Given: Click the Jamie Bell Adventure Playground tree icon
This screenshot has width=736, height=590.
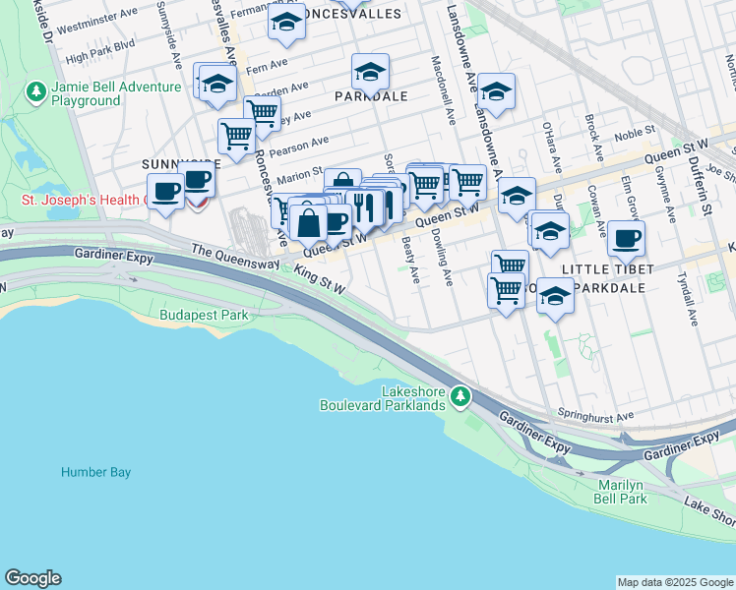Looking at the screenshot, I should coord(37,92).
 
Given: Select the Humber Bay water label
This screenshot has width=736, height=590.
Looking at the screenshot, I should coord(95,472).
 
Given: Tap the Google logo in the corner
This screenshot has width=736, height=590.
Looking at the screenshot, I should coord(32,578).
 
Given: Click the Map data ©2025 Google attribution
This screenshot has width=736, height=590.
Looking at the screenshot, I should coord(675,582).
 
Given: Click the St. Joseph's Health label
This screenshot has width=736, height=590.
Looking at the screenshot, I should coord(84,200).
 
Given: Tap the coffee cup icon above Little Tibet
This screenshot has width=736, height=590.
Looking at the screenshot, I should coord(626,238).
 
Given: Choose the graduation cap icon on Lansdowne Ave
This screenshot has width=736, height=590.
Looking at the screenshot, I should coord(496,92).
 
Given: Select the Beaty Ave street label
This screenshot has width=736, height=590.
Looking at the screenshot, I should coord(413,263).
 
